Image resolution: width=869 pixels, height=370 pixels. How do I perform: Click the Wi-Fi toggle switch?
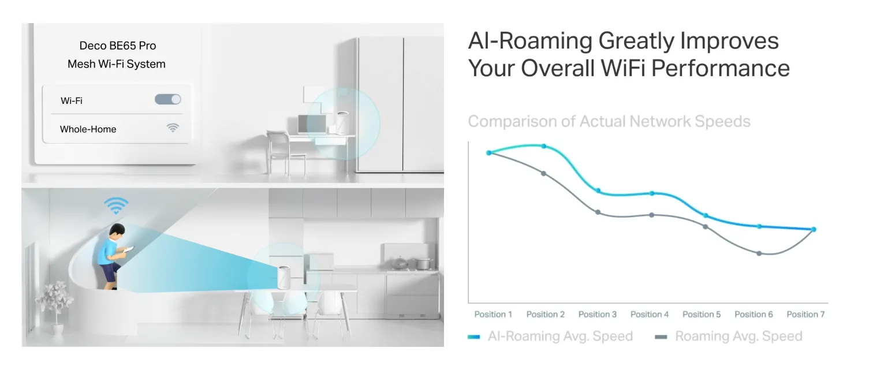(167, 99)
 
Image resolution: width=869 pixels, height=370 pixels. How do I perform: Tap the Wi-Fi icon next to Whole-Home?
(173, 128)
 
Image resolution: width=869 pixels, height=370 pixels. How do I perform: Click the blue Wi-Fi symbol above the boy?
(116, 205)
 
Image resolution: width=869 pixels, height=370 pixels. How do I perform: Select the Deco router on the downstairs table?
(284, 278)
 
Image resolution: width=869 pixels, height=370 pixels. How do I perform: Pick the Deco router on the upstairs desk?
(342, 123)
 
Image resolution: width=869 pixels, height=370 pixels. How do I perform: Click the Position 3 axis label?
(597, 314)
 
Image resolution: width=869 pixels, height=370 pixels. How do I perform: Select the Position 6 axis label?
(754, 314)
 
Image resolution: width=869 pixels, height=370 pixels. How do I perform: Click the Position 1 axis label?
(493, 314)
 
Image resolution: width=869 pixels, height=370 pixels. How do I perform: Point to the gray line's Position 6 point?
(759, 253)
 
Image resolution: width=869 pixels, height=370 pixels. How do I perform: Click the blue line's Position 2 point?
(544, 146)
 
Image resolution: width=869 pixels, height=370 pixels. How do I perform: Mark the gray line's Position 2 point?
(543, 173)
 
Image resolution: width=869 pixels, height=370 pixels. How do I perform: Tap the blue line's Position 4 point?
(652, 193)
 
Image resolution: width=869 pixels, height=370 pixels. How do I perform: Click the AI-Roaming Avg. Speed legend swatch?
(473, 337)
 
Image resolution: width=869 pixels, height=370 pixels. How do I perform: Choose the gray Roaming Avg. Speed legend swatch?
(661, 337)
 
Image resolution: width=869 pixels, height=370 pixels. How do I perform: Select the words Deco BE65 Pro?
(118, 46)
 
